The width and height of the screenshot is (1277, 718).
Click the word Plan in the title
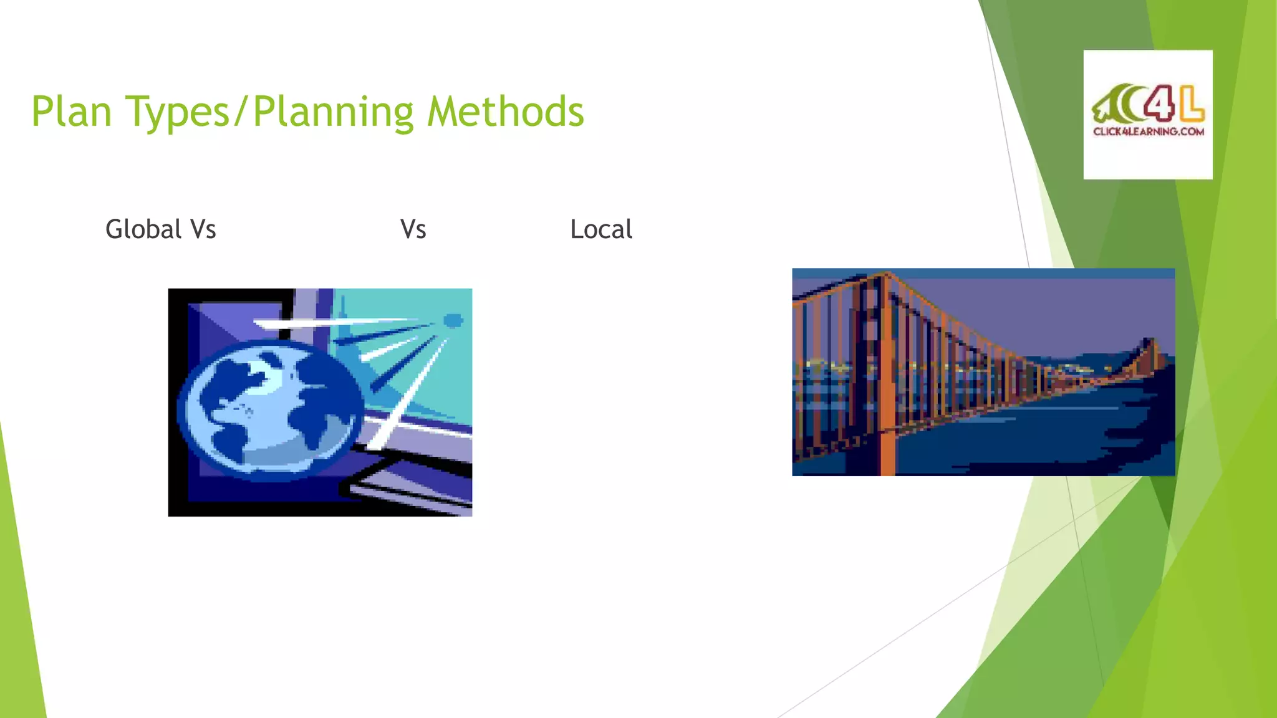71,112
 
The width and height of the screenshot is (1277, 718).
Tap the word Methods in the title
505,112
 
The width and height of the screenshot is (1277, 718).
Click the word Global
143,229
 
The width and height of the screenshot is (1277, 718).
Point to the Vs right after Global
203,229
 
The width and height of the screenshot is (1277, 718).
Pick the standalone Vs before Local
413,229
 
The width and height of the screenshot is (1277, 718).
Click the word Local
601,229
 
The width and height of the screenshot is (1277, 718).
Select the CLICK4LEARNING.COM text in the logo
1148,132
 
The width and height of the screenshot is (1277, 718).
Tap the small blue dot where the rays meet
453,321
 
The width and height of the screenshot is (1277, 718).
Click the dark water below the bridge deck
1029,443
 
